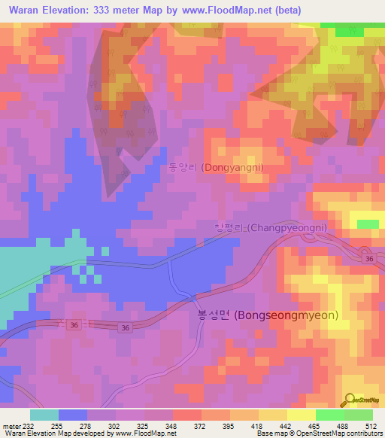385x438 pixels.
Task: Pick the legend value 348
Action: click(171, 425)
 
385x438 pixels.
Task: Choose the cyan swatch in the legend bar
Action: click(44, 415)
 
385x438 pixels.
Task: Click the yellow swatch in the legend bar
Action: click(301, 415)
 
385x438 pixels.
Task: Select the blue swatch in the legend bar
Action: click(73, 415)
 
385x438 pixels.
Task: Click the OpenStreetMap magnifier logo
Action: click(350, 400)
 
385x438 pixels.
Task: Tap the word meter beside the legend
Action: click(11, 425)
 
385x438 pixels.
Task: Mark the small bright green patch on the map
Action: click(368, 224)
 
